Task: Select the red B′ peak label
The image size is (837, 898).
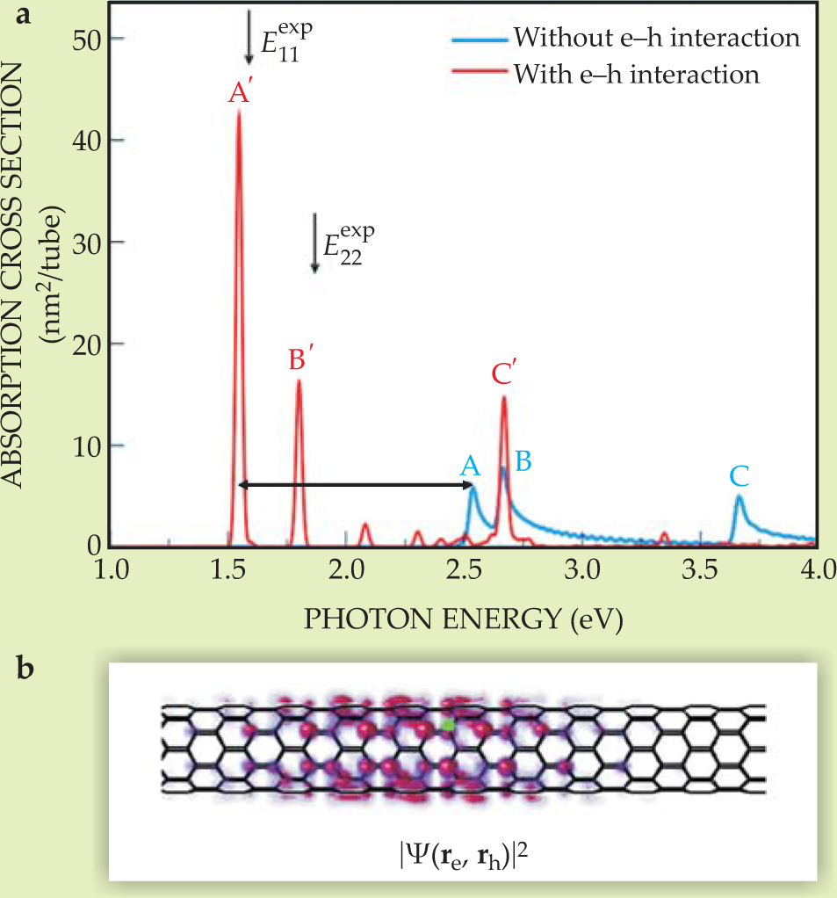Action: click(x=301, y=360)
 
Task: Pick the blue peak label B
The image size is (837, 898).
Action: click(x=523, y=460)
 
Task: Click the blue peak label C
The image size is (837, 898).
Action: click(x=740, y=476)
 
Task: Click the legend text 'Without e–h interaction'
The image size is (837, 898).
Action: click(x=656, y=39)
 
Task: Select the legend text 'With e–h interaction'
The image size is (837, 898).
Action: click(x=636, y=74)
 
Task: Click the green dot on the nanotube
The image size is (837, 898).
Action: click(x=449, y=726)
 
